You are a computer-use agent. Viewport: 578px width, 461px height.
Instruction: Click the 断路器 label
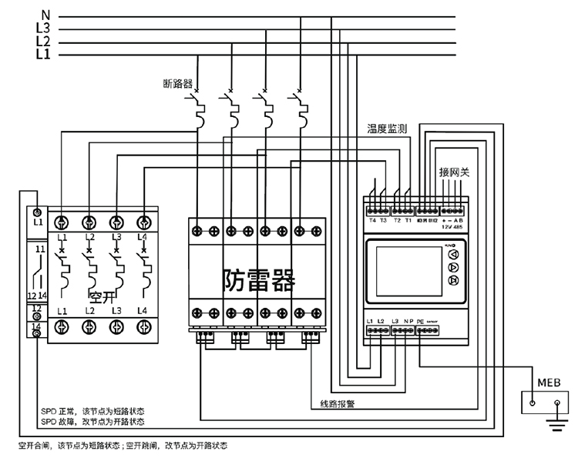pos(177,82)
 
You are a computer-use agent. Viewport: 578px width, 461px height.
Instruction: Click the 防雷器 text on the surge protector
pos(258,279)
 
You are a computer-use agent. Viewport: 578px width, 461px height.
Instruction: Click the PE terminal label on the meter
pos(420,320)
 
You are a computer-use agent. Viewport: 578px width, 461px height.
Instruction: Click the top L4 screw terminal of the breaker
pos(143,222)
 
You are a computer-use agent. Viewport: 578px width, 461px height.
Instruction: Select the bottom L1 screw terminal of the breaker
pos(62,326)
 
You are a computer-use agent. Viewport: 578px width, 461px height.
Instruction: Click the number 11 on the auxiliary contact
pos(39,250)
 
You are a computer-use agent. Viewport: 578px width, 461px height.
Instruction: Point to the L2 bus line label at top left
pos(43,41)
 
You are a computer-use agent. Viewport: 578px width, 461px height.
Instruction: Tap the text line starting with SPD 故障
pos(92,421)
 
